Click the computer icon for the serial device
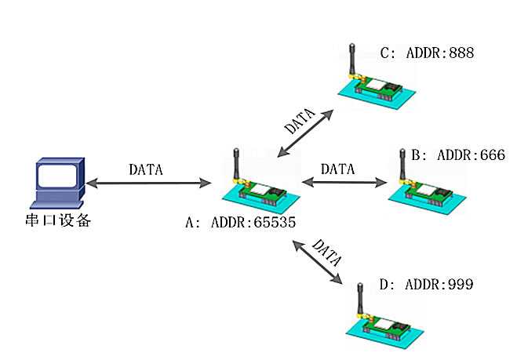tap(56, 184)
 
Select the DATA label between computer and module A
tap(146, 169)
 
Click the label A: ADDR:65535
tap(240, 223)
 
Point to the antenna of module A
tap(235, 164)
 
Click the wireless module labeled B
tap(428, 193)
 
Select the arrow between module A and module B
tap(345, 183)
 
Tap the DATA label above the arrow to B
tap(338, 169)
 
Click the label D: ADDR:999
tap(427, 284)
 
